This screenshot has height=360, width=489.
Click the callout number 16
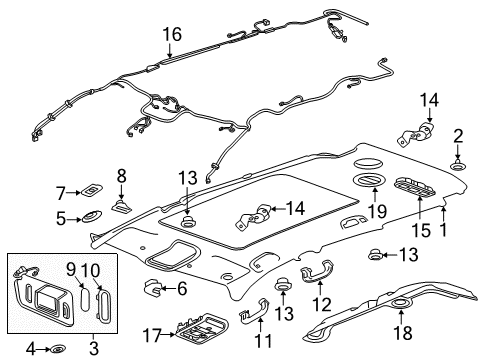click(172, 35)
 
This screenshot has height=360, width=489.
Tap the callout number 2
click(457, 135)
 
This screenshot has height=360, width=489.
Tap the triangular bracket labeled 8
click(119, 206)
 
